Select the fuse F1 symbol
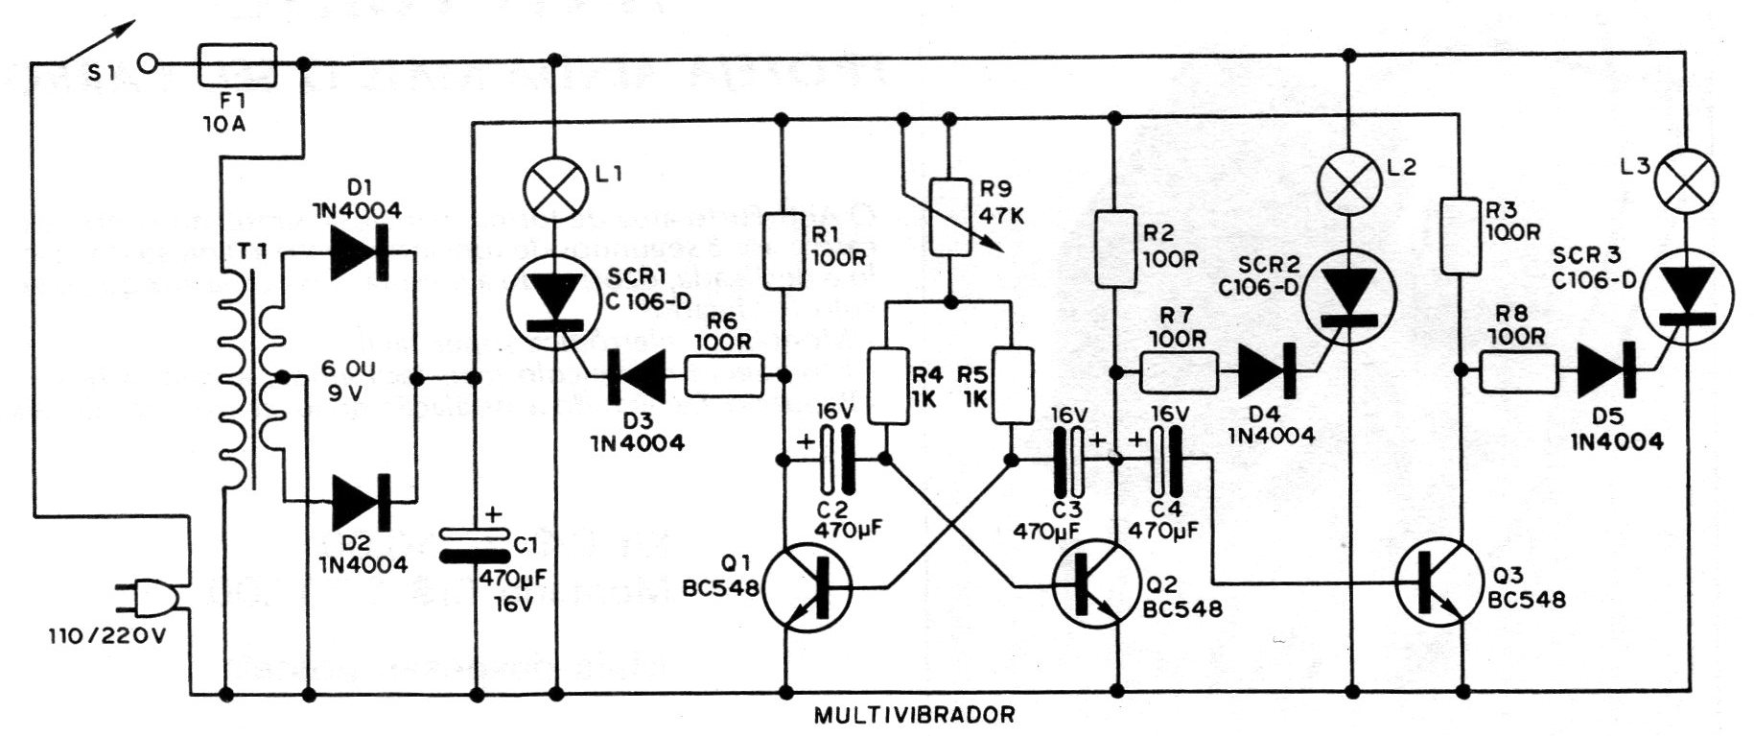pyautogui.click(x=237, y=65)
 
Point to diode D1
pyautogui.click(x=360, y=252)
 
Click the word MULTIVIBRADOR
pyautogui.click(x=914, y=716)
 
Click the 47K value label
pyautogui.click(x=1001, y=216)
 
